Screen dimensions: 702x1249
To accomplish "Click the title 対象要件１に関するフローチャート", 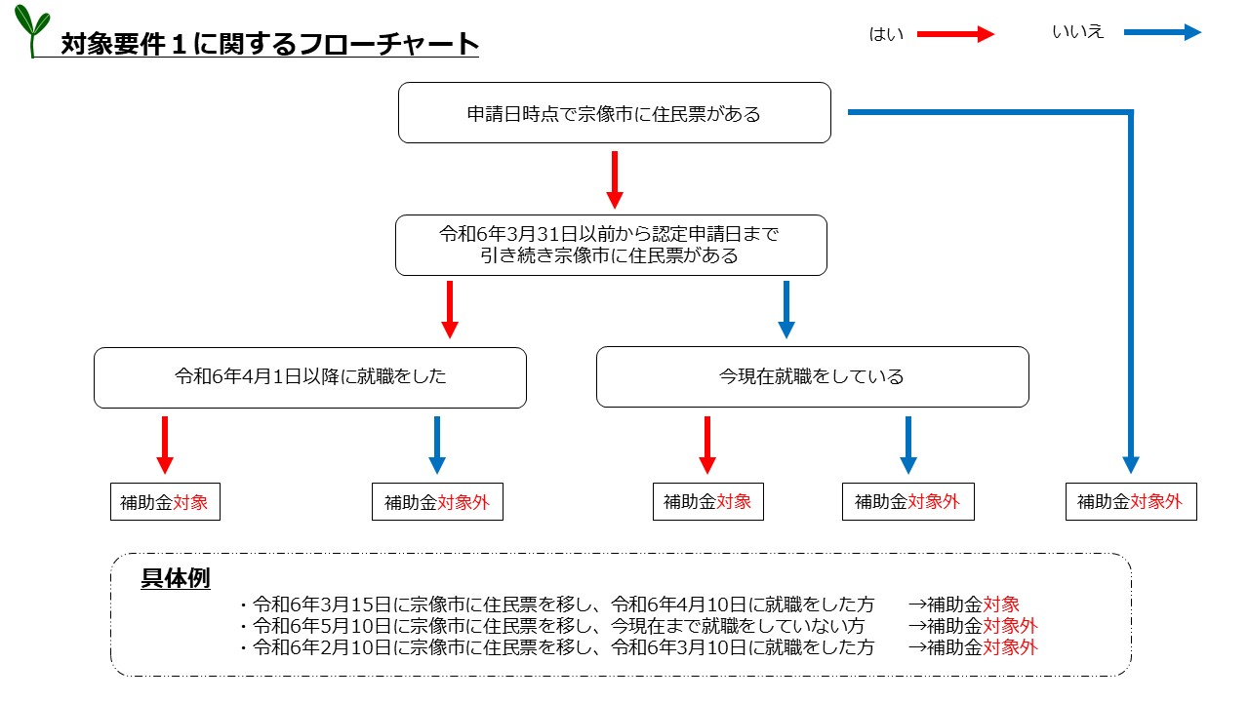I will coord(269,44).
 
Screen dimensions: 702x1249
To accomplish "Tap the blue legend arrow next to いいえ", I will coord(1161,32).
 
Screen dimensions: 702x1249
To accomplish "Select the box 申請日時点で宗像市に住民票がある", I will coord(615,113).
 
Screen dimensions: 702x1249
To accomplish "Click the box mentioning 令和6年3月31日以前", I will coord(611,246).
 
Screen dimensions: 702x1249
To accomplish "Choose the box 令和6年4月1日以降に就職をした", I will coord(310,377).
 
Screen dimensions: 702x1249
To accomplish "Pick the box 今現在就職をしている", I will coord(812,376).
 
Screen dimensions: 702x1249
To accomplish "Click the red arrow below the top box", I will coord(614,179).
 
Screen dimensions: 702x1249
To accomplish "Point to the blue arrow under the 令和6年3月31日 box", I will coord(786,309).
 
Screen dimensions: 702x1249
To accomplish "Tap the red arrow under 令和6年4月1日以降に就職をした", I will coord(164,445).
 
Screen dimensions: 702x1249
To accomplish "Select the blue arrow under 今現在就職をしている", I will coord(907,445).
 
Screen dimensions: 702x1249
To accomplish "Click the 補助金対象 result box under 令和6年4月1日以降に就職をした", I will coord(165,502).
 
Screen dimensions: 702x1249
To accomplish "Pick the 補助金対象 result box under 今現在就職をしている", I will coord(707,502).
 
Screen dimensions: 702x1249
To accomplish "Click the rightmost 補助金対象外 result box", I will coord(1130,502).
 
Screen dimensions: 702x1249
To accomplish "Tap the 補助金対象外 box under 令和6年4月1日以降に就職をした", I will coord(437,502).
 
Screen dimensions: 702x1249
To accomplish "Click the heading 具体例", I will coord(176,578).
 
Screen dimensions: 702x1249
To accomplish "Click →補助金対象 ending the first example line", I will coord(963,604).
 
